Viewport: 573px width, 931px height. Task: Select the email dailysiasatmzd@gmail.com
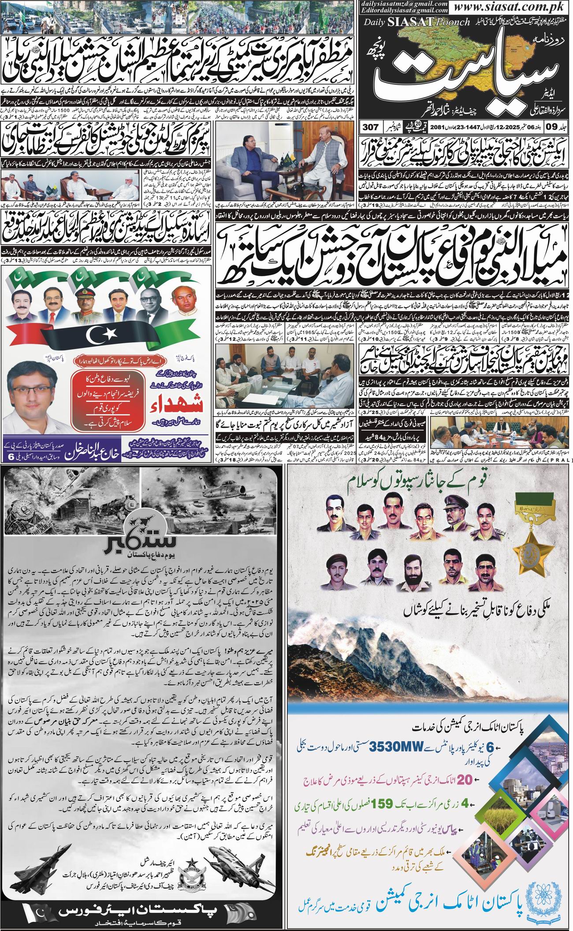click(403, 4)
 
